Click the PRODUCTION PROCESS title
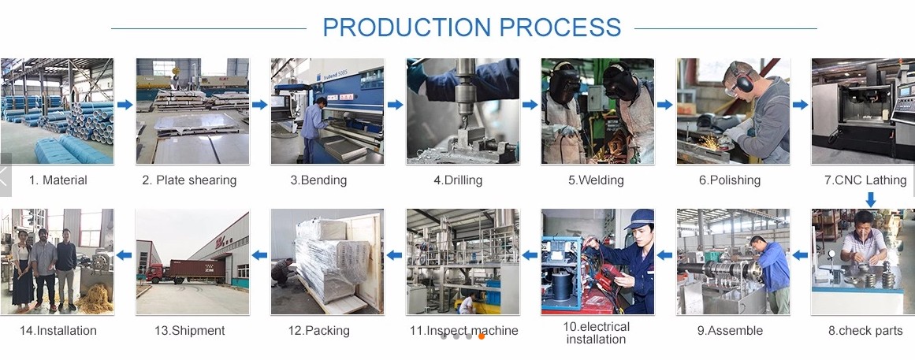coord(471,28)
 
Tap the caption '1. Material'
coord(58,180)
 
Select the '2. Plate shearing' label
coord(189,180)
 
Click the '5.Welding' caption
coord(596,180)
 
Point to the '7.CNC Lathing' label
coord(865,180)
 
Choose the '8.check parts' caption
coord(865,331)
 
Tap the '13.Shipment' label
coord(190,331)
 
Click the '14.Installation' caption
coord(58,331)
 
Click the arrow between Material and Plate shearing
coord(125,105)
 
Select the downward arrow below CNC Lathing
coord(871,200)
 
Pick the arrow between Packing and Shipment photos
coord(259,255)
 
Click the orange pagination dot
coord(482,336)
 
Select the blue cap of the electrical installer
coord(639,219)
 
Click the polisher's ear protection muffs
coord(743,81)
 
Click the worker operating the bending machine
coord(311,129)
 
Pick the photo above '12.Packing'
coord(327,262)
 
